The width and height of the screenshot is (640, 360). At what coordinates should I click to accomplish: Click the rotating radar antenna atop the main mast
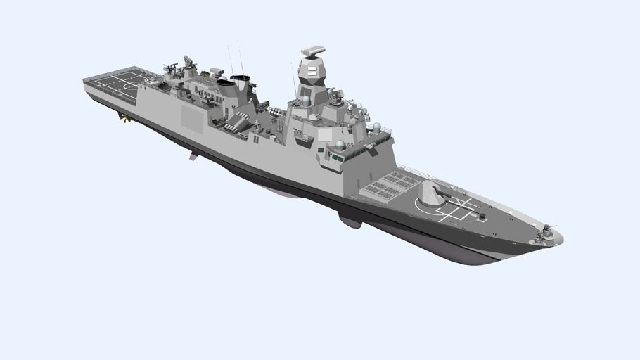(312, 51)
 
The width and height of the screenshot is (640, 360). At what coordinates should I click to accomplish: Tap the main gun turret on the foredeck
(433, 192)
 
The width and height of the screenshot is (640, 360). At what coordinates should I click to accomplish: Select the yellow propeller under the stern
(124, 118)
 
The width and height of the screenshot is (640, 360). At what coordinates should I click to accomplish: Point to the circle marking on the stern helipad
(128, 86)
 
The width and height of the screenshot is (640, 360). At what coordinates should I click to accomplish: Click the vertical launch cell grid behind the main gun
(386, 184)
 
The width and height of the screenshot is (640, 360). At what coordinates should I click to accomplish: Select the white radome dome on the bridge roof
(340, 145)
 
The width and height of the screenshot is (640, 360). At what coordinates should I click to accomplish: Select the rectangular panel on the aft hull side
(191, 117)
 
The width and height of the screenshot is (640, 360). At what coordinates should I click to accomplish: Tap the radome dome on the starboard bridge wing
(376, 128)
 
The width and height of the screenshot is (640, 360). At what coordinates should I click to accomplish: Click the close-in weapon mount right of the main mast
(336, 96)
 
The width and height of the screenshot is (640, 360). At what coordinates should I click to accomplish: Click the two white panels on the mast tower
(312, 72)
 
